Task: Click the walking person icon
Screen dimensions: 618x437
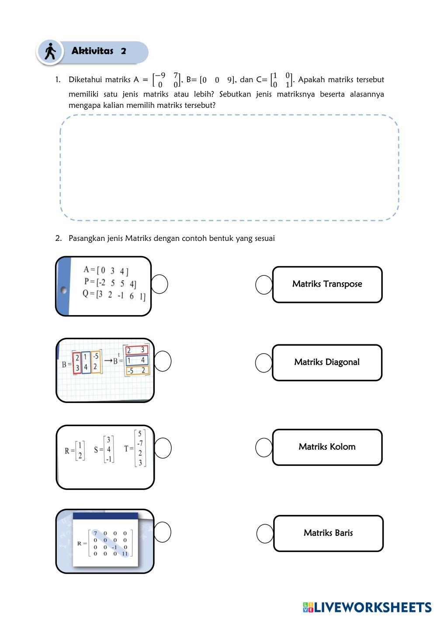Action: (50, 52)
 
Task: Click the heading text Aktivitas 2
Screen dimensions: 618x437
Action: (99, 51)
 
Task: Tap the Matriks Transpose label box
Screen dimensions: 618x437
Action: (327, 284)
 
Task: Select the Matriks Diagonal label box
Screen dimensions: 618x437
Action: (327, 362)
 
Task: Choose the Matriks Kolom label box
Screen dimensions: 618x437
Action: (327, 447)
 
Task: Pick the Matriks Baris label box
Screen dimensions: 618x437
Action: (328, 533)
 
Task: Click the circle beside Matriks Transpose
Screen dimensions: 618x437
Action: (264, 285)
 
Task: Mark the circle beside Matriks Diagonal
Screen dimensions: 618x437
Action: (264, 363)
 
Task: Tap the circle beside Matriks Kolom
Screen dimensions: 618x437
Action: (264, 448)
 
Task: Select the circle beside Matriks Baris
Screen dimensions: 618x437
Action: (265, 534)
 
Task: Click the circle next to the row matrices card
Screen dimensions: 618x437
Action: (160, 284)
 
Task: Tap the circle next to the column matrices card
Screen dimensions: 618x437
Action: (163, 448)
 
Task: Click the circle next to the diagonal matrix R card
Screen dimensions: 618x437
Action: (163, 532)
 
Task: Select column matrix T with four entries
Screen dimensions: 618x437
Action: (139, 448)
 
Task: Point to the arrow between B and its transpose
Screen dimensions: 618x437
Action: (108, 361)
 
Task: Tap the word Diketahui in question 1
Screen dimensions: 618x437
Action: (85, 80)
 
